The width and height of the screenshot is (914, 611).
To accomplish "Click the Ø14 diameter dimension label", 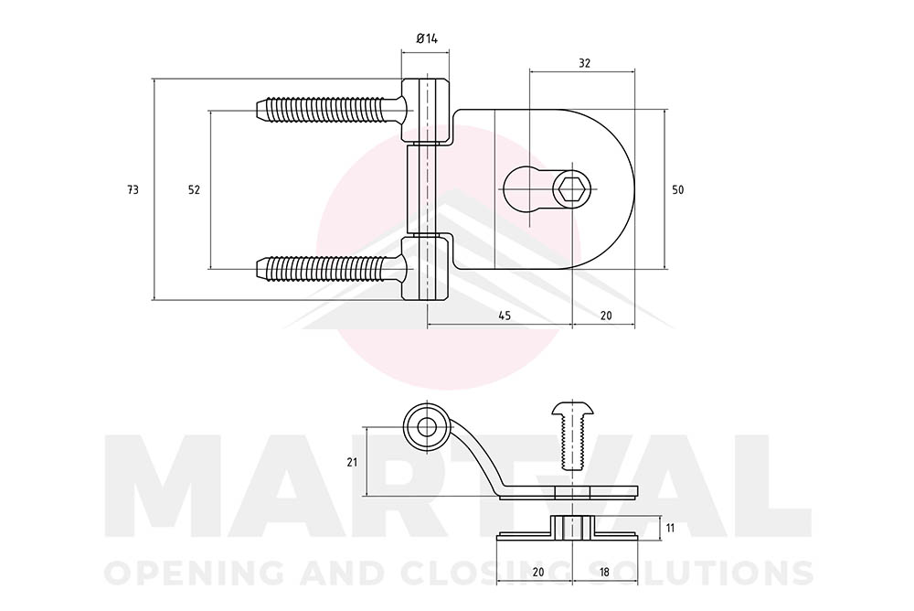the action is pyautogui.click(x=427, y=38).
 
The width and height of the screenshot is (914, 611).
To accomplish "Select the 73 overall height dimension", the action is pyautogui.click(x=133, y=189).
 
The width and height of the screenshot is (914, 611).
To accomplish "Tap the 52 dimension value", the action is pyautogui.click(x=194, y=189).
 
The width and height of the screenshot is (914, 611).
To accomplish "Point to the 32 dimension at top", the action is pyautogui.click(x=584, y=63).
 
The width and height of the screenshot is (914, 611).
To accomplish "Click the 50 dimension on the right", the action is pyautogui.click(x=677, y=189).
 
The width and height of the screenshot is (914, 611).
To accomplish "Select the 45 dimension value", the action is pyautogui.click(x=505, y=316).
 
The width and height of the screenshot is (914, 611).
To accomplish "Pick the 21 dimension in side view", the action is pyautogui.click(x=352, y=462).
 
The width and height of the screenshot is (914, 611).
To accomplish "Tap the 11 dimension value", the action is pyautogui.click(x=670, y=528).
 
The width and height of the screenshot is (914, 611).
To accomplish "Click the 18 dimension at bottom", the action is pyautogui.click(x=604, y=573).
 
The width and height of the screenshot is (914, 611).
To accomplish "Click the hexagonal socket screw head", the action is pyautogui.click(x=572, y=189).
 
